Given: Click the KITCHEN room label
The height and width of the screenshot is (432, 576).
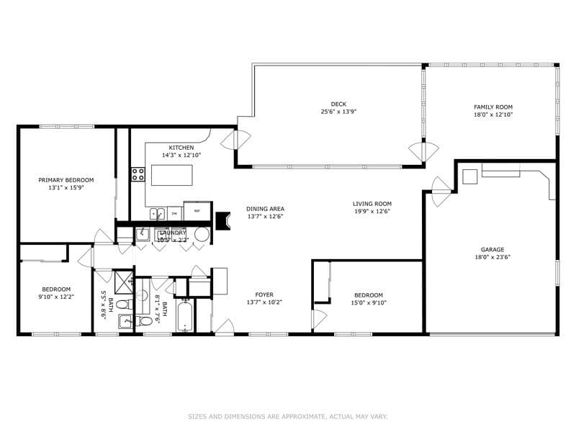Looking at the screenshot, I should click(181, 148).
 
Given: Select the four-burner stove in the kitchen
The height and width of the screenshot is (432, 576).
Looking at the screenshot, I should click(138, 174).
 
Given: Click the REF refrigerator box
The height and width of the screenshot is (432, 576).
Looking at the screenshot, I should click(192, 212).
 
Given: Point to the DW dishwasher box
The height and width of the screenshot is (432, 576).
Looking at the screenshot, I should click(174, 213).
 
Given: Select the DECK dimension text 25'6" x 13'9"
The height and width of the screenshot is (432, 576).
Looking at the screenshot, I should click(338, 112).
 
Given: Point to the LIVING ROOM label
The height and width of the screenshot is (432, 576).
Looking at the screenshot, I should click(372, 204).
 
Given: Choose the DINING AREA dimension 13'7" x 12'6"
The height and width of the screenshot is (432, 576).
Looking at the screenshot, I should click(265, 216).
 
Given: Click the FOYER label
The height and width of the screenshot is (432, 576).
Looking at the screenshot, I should click(264, 294).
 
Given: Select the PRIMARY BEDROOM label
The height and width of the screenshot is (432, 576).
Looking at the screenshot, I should click(66, 180).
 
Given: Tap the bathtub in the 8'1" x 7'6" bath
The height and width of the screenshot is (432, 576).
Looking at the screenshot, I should click(185, 316).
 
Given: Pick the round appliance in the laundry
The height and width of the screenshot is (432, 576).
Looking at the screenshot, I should click(201, 234).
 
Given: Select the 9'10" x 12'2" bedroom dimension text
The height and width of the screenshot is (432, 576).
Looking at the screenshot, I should click(56, 296).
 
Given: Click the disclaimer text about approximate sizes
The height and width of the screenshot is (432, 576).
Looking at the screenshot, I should click(287, 415).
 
